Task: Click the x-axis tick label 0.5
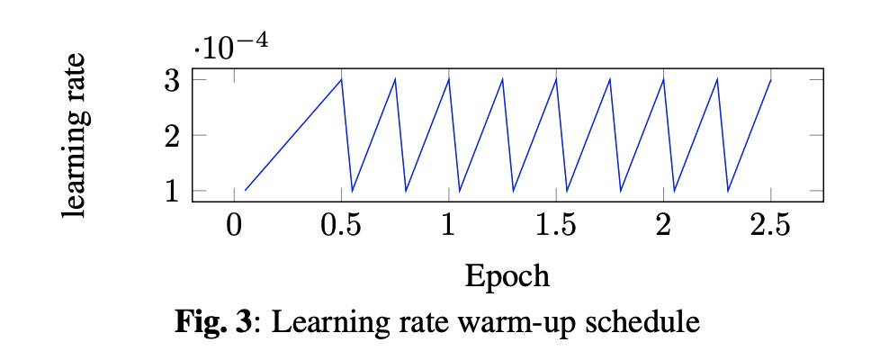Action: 341,226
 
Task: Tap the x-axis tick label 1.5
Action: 555,226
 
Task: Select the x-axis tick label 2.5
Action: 770,226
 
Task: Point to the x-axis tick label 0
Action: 234,226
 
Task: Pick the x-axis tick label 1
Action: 448,226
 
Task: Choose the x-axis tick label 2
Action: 663,226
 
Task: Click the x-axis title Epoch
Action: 507,274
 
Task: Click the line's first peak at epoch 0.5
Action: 341,80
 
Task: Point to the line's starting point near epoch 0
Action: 245,190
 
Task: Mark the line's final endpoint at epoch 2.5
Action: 770,80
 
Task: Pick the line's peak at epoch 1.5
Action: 555,80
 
